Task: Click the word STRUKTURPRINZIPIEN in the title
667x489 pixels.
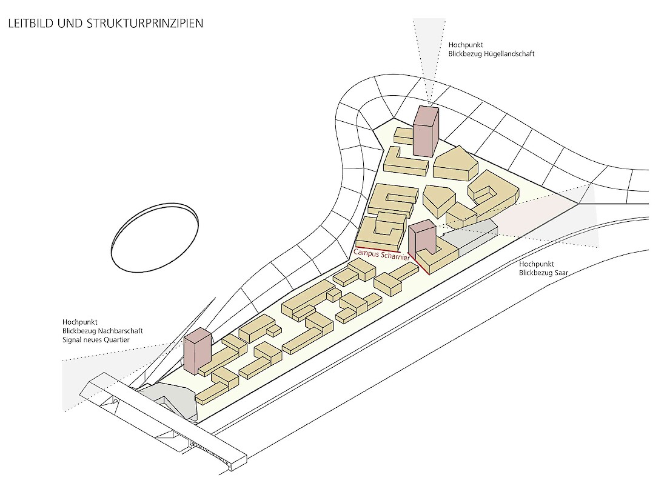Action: pos(145,24)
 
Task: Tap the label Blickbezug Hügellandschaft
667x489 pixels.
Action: pos(491,54)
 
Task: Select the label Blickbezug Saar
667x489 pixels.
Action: pos(544,273)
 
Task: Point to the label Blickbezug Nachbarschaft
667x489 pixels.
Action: pos(102,331)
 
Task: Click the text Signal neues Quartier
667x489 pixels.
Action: pos(96,340)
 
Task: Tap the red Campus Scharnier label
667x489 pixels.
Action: pos(381,254)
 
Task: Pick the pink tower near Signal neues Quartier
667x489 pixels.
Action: pos(198,351)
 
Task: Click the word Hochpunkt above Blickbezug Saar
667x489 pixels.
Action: pos(537,264)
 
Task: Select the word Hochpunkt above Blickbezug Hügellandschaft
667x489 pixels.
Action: pos(466,45)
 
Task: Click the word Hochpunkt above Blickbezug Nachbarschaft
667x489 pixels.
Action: pos(80,322)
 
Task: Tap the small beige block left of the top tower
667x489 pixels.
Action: pos(404,136)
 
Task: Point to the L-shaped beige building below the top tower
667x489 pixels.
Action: pos(406,161)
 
